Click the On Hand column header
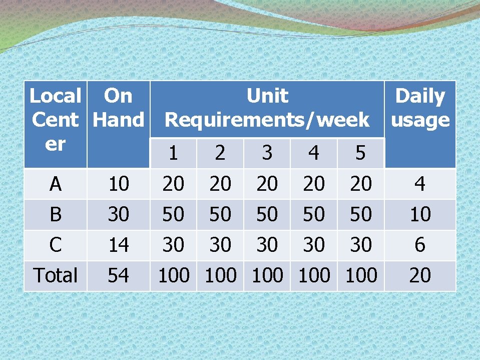coord(118,108)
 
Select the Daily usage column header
coord(420,108)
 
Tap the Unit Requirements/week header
coord(267,108)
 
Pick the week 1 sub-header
coord(173,153)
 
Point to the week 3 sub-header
coord(267,153)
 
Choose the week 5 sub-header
coord(360,153)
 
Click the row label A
coord(56,184)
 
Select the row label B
coord(56,214)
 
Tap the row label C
coord(56,245)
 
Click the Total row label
coord(56,275)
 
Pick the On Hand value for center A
coord(119,184)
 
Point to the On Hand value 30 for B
coord(119,214)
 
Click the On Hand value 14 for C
coord(119,245)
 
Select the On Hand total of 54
coord(119,275)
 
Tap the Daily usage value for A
coord(420,184)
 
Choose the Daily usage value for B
coord(420,214)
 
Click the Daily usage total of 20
coord(420,275)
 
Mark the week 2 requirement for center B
coord(220,214)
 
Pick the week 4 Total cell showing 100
coord(314,275)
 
